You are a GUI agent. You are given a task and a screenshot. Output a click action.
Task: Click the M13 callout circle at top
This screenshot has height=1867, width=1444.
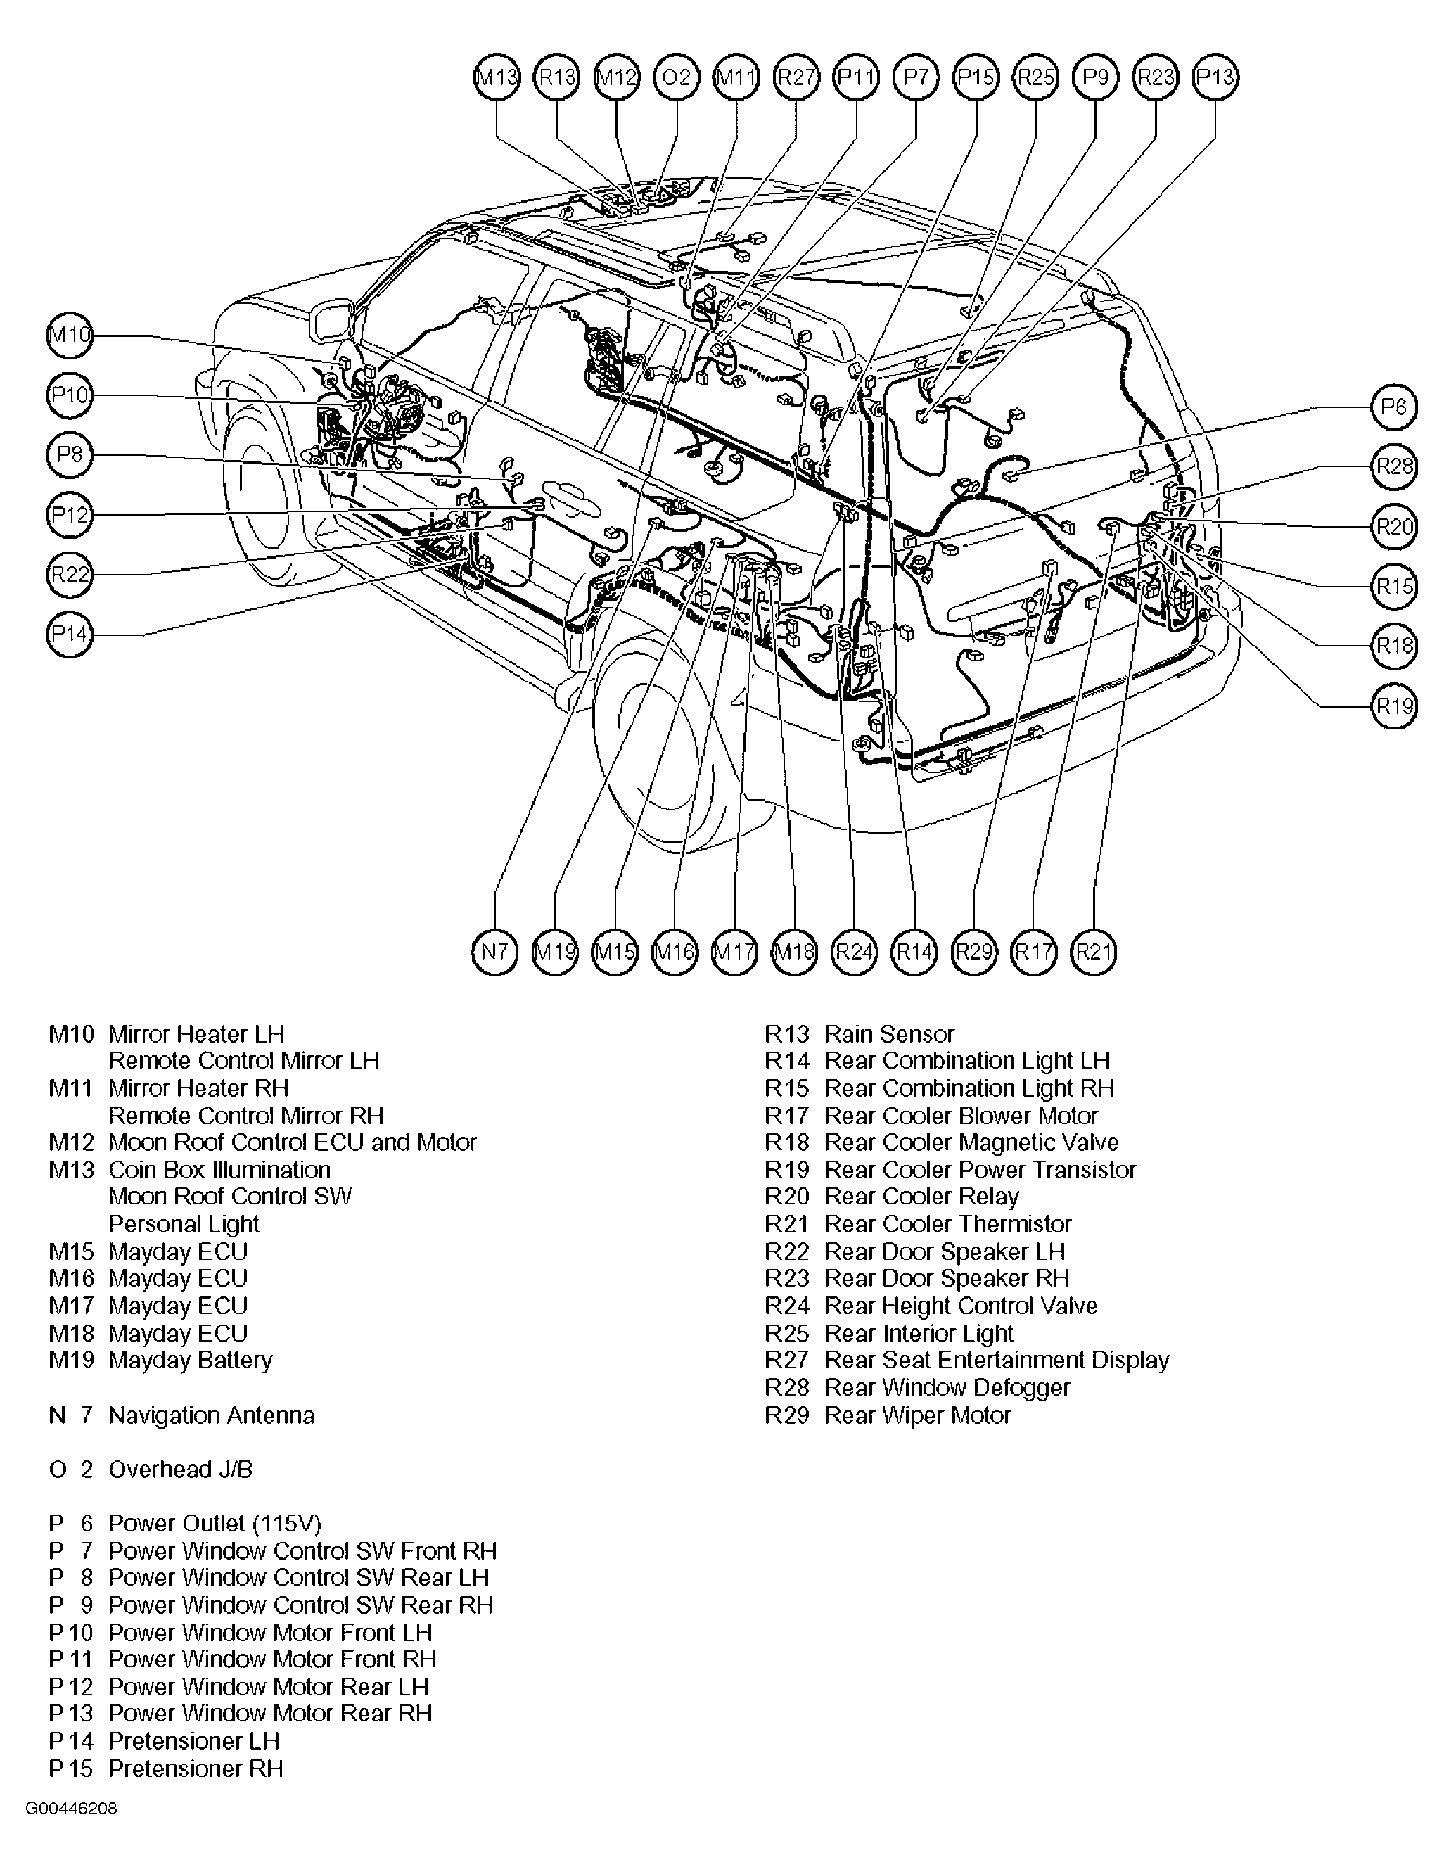click(497, 78)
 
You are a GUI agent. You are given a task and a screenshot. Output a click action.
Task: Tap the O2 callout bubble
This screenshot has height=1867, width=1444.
click(676, 78)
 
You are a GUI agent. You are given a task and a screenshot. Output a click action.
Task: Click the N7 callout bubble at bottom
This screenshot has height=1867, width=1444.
click(495, 952)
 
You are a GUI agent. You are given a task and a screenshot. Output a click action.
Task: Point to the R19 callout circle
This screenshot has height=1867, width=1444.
click(1393, 706)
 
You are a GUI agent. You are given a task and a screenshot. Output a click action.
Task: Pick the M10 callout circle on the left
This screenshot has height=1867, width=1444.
click(69, 335)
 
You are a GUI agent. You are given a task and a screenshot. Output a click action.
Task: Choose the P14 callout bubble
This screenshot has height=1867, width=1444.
click(69, 635)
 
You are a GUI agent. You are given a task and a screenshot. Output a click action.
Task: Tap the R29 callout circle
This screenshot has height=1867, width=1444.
click(973, 952)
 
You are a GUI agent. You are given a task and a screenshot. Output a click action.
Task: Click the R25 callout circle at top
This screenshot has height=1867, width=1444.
click(1035, 78)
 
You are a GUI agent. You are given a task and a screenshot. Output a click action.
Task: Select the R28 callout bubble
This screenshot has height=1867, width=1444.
click(1393, 467)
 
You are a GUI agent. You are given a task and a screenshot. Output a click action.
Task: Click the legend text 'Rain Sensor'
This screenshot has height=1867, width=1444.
click(888, 1034)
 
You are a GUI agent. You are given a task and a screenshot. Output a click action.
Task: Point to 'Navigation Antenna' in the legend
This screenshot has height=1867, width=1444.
click(211, 1415)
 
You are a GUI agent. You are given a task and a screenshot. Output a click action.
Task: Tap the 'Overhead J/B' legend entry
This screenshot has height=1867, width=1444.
click(180, 1470)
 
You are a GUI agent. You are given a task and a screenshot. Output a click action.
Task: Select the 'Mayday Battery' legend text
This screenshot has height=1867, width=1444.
click(190, 1360)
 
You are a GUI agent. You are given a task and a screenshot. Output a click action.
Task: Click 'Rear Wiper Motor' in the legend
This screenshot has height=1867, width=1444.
click(916, 1415)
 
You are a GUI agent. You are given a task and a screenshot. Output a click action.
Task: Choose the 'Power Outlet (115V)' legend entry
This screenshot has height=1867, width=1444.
click(215, 1523)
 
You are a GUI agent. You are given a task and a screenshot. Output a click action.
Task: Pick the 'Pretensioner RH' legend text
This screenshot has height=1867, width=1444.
click(195, 1769)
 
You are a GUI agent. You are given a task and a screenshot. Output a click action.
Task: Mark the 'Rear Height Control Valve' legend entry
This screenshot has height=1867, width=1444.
click(960, 1306)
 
